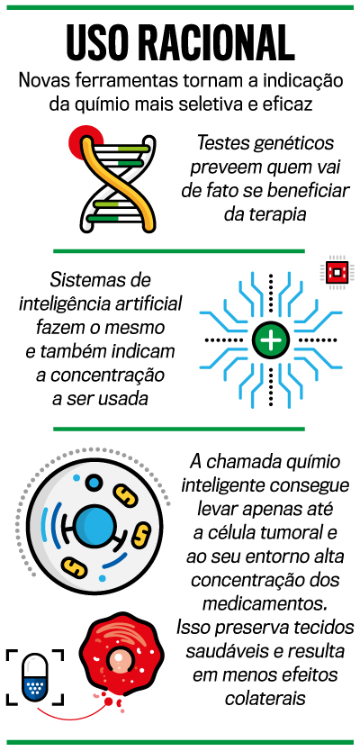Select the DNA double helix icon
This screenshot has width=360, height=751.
click(x=118, y=183)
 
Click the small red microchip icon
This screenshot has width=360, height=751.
click(x=337, y=272)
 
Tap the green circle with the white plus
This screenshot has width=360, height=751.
click(x=272, y=340)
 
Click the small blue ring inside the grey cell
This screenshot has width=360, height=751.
click(x=95, y=482)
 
